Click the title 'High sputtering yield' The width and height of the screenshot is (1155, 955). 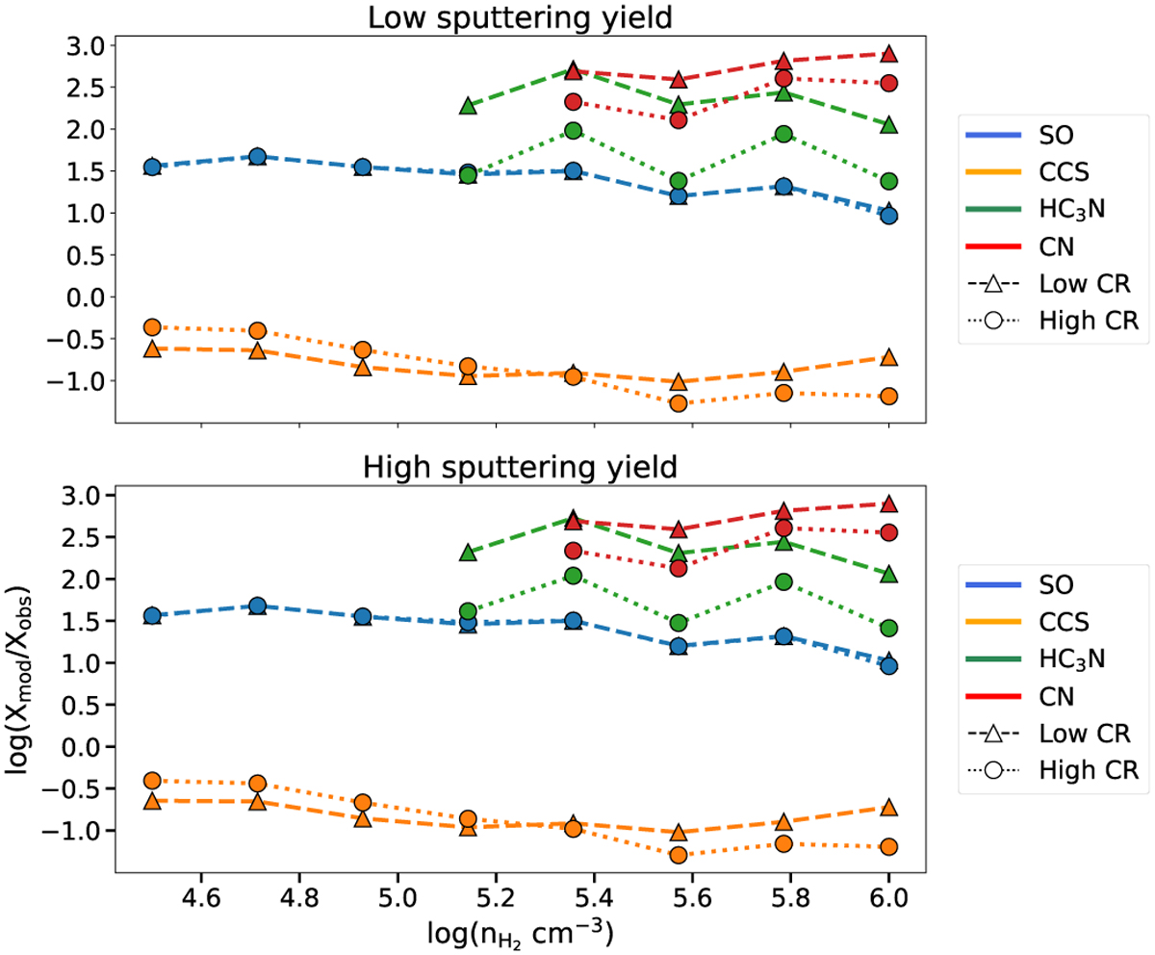(x=520, y=467)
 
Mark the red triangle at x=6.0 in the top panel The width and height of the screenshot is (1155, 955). (x=888, y=54)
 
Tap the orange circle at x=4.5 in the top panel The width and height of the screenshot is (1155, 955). (x=152, y=327)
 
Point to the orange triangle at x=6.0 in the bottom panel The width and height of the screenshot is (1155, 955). (x=888, y=808)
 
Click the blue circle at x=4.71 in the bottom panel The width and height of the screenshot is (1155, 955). (x=257, y=606)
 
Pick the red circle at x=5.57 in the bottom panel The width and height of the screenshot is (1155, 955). (x=679, y=568)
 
